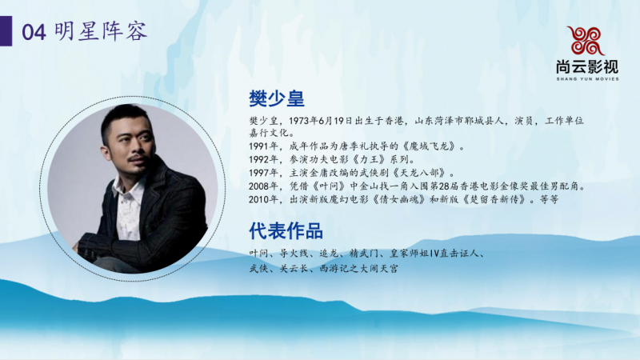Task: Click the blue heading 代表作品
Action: coord(286,232)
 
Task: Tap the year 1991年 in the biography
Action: coord(263,146)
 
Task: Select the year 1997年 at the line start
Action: coord(263,173)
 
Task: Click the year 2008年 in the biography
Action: coord(263,186)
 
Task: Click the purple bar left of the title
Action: coord(8,31)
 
